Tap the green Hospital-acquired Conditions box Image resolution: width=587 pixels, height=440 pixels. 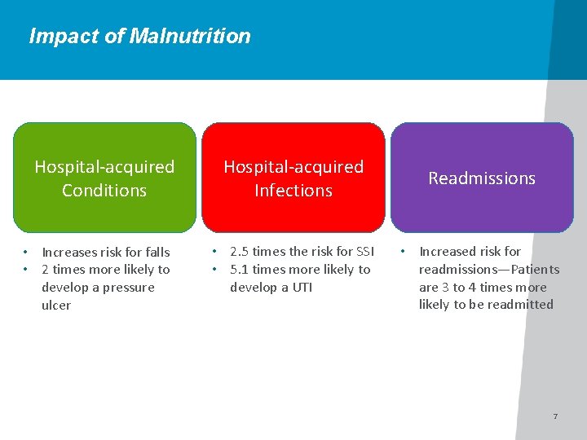tap(104, 178)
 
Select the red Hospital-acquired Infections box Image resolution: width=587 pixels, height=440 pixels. tap(293, 178)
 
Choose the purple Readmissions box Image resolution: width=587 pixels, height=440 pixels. tap(482, 178)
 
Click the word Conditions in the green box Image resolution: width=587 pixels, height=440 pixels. tap(104, 191)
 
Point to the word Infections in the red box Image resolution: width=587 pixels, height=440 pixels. tap(293, 191)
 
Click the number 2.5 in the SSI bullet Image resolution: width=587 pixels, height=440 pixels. tap(240, 252)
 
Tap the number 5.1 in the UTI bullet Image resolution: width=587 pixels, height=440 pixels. tap(240, 270)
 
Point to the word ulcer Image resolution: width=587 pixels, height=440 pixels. tap(56, 306)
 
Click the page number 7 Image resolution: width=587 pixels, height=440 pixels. tap(555, 416)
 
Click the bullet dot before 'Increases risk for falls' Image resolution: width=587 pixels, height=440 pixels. tap(26, 251)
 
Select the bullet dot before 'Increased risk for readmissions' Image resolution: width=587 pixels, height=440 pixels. tap(404, 250)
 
